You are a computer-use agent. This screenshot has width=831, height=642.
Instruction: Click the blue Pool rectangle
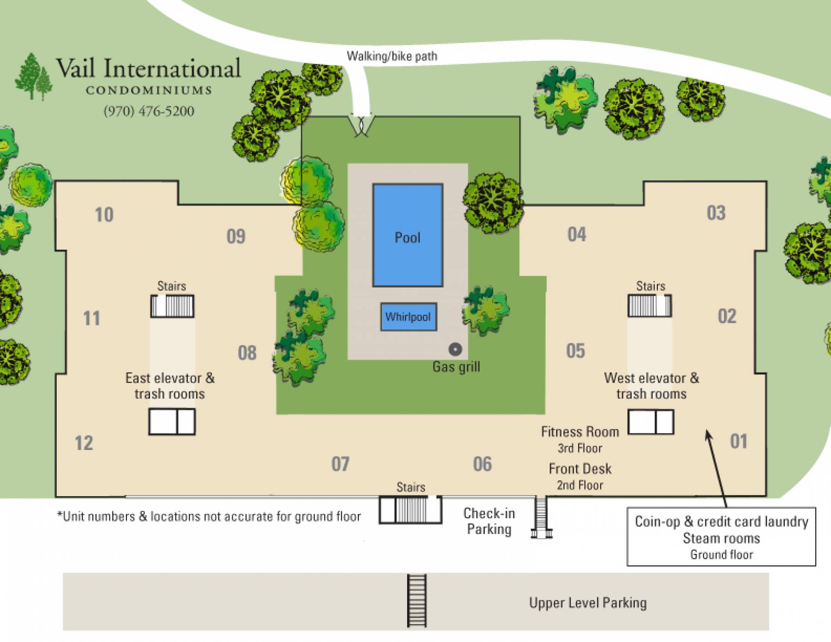click(408, 235)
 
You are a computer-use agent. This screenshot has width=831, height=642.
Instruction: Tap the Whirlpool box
click(409, 317)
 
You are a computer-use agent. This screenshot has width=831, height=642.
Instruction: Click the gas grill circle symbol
click(455, 349)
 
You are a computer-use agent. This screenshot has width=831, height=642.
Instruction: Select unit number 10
click(104, 215)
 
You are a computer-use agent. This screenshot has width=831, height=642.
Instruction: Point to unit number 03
click(716, 213)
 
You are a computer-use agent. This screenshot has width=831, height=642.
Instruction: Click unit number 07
click(340, 464)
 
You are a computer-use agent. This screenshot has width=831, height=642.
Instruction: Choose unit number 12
click(84, 443)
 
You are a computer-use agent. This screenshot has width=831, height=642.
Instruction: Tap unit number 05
click(576, 351)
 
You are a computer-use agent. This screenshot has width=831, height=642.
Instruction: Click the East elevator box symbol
click(172, 421)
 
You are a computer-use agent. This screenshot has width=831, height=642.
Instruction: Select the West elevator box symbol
click(650, 422)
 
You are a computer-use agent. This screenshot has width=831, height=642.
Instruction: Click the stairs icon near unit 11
click(172, 306)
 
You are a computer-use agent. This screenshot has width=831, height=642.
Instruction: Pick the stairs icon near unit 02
click(650, 306)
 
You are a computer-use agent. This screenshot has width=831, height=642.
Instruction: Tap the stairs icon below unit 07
click(410, 510)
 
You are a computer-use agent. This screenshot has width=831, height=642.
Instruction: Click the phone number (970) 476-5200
click(149, 111)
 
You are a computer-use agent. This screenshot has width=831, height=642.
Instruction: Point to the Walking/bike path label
click(392, 56)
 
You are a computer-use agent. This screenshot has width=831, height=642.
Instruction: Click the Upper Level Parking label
click(588, 603)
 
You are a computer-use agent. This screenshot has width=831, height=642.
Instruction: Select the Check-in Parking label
click(489, 521)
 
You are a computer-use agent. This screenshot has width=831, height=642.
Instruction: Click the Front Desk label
click(580, 469)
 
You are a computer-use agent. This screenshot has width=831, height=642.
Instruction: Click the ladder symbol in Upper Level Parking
click(416, 600)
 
